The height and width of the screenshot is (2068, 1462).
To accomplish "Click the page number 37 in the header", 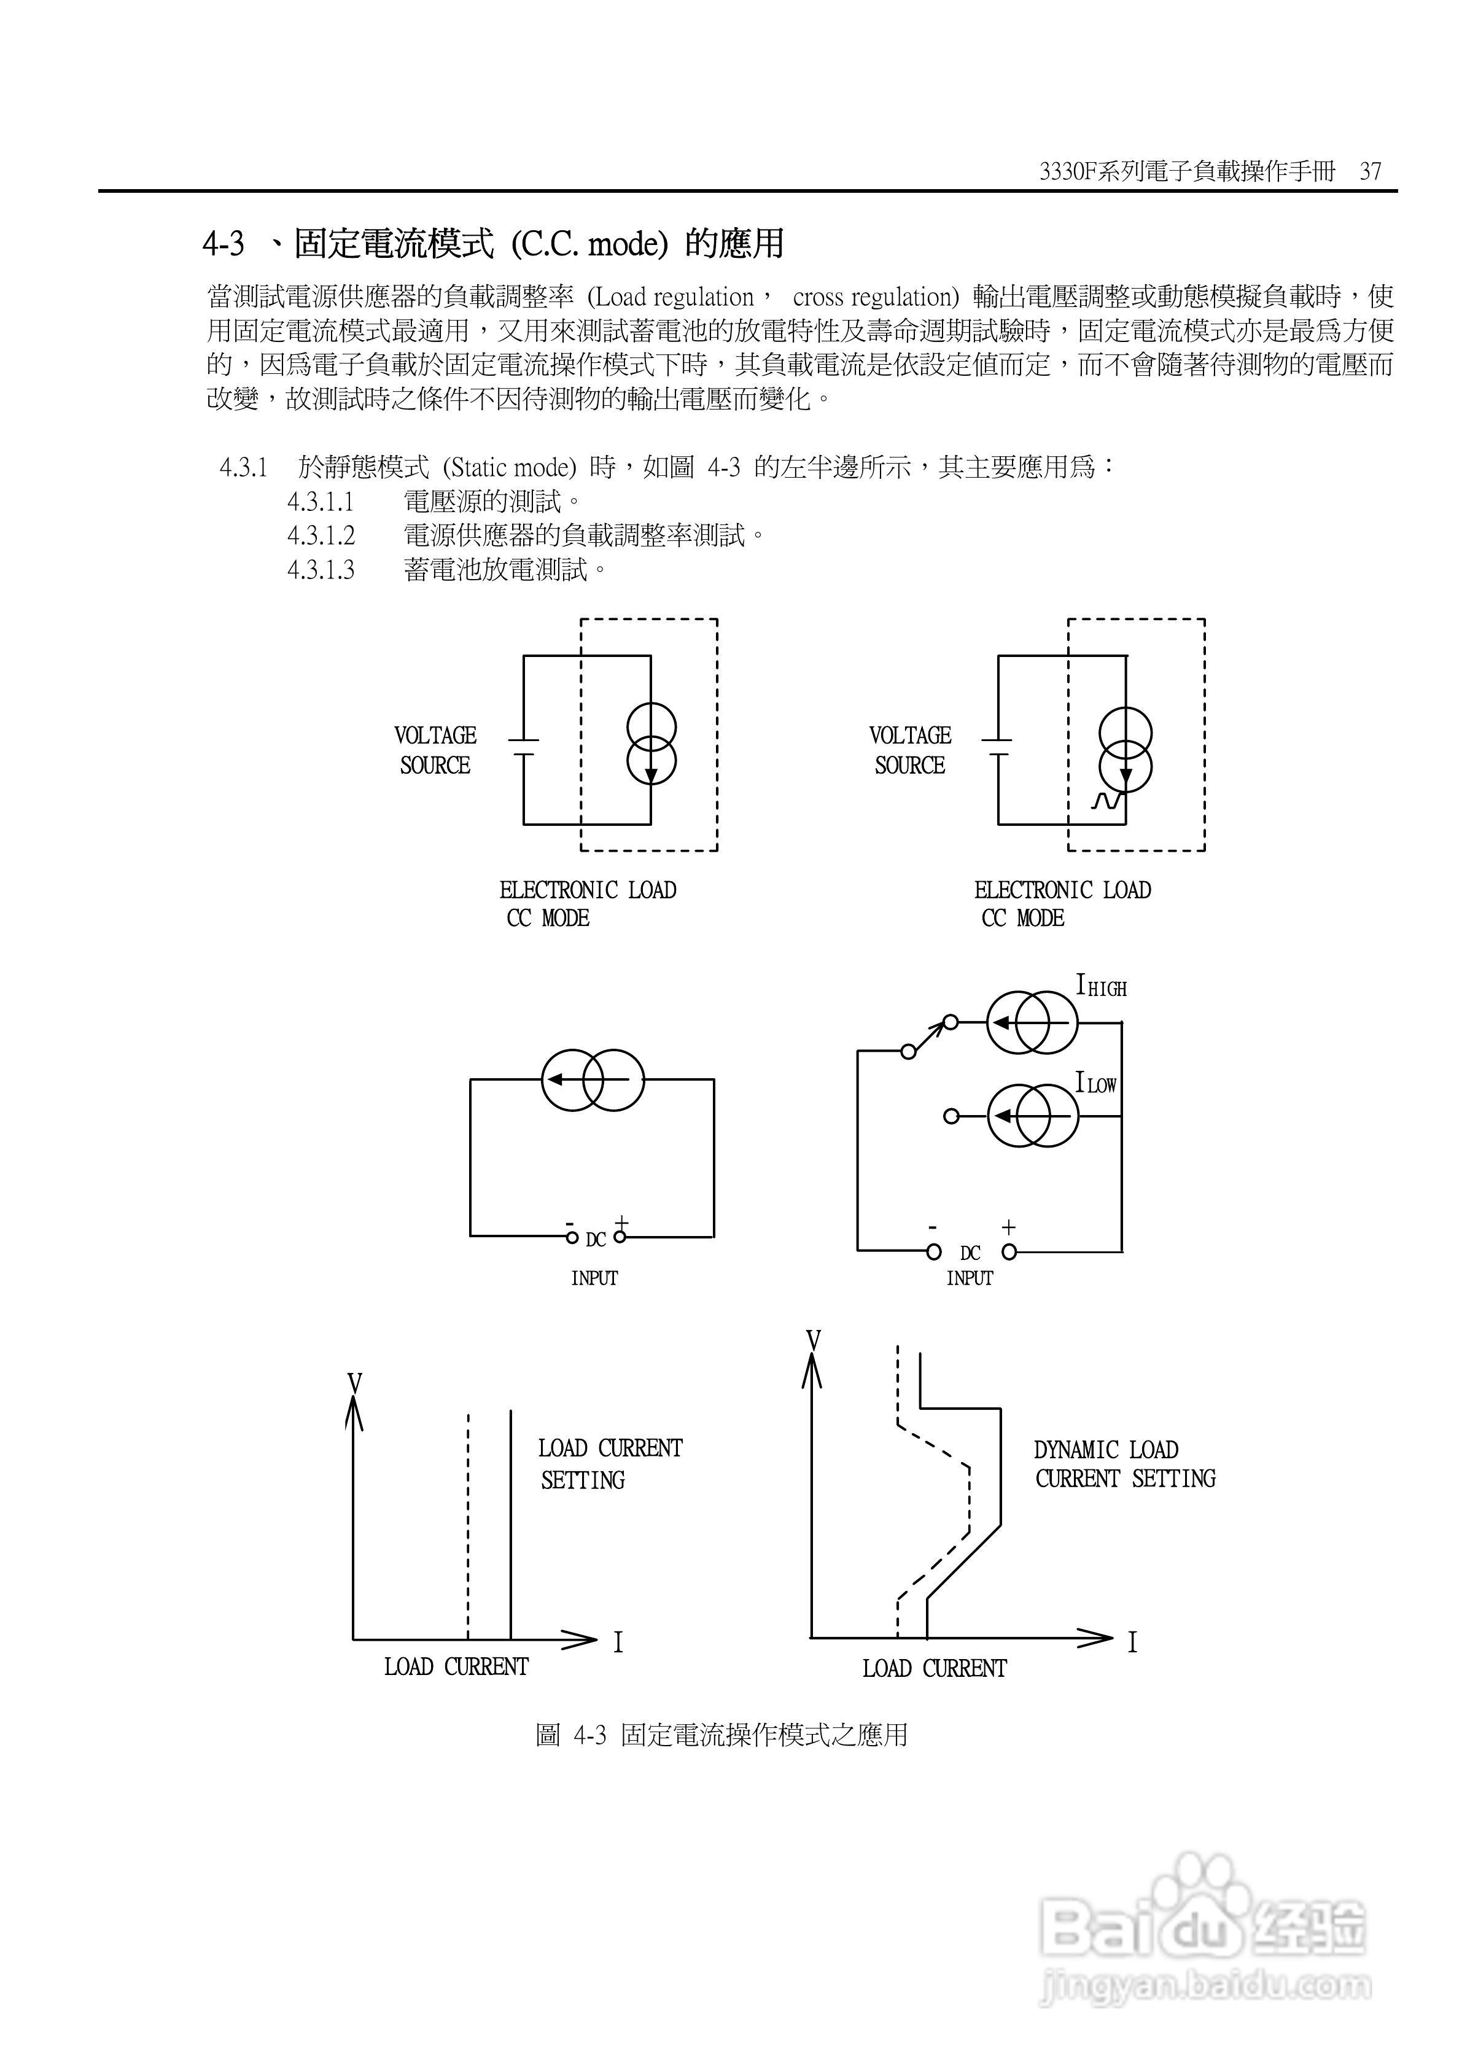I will click(x=1370, y=171).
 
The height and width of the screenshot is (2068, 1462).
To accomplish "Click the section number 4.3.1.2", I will click(x=321, y=536).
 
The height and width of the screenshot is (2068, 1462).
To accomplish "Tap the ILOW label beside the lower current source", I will click(x=1095, y=1084).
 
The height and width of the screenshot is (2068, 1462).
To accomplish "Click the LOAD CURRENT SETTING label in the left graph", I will click(x=610, y=1464).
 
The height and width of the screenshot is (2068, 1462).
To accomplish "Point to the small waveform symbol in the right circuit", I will click(x=1105, y=800).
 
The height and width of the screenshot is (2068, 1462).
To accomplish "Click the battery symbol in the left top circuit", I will click(x=523, y=748).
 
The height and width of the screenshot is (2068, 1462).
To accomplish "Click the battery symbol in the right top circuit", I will click(x=997, y=748).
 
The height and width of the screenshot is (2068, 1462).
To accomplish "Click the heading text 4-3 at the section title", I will click(x=222, y=243).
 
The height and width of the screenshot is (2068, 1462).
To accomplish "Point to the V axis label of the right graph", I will click(x=812, y=1341).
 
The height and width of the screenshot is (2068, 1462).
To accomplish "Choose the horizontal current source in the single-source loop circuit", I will click(x=593, y=1079).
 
